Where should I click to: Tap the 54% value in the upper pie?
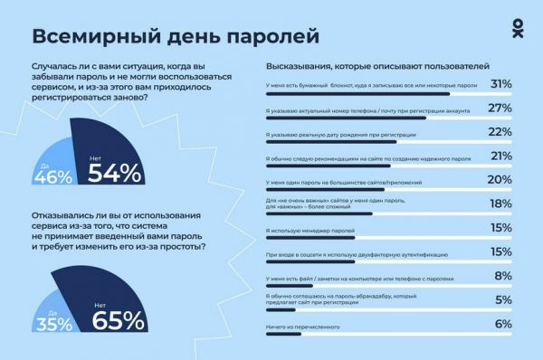click(117, 172)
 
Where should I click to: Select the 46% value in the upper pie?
click(52, 175)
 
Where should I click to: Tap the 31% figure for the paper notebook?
click(500, 84)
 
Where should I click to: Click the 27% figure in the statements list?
click(500, 109)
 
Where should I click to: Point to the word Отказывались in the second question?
click(61, 216)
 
